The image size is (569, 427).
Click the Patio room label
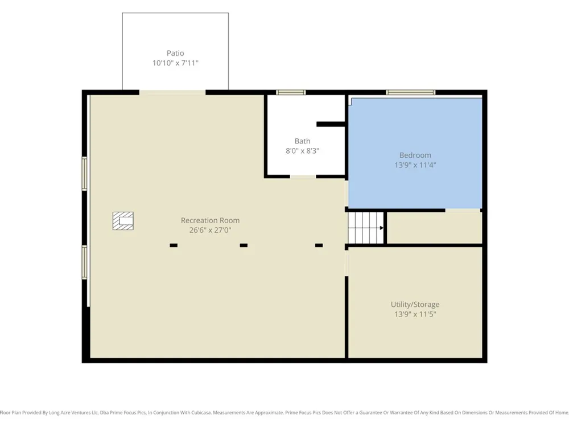[175, 53]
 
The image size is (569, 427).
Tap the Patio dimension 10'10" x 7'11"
[175, 63]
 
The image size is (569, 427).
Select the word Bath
[302, 141]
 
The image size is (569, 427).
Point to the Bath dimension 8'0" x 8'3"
[302, 151]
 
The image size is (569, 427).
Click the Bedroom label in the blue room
[415, 155]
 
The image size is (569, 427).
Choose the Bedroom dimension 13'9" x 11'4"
[415, 165]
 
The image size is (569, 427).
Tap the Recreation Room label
[210, 220]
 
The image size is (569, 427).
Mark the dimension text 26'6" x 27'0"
[210, 230]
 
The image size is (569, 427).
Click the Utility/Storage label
[415, 304]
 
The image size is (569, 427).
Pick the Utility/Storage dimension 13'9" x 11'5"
[415, 314]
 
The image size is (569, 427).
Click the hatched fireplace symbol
[123, 221]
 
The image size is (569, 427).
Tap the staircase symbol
[366, 228]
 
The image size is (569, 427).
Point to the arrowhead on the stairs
[381, 228]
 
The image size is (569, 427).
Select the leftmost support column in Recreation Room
[174, 245]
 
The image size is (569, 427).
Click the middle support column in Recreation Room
[244, 245]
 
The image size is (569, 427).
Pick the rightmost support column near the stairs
[319, 245]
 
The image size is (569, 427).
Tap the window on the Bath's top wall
[291, 92]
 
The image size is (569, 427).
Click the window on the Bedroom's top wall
[410, 92]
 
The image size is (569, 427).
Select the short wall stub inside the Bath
[331, 124]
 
